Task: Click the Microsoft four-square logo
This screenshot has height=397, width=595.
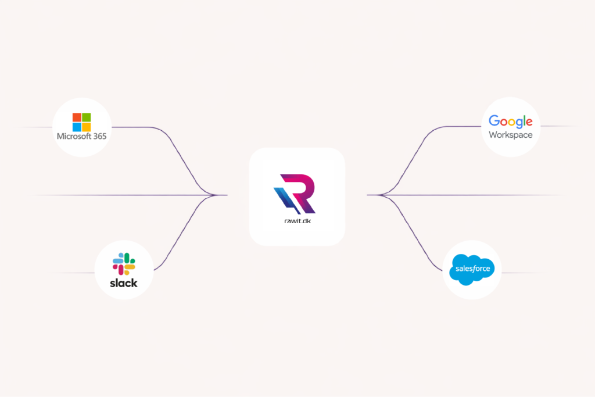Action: [81, 122]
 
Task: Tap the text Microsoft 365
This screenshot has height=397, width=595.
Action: [81, 137]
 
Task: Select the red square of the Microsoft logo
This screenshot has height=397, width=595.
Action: [77, 117]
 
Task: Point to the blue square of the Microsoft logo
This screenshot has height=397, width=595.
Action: [77, 127]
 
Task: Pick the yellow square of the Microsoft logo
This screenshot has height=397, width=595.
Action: [86, 127]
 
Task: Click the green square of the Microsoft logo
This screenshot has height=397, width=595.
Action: [86, 117]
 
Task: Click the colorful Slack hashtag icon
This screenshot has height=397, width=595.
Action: [124, 264]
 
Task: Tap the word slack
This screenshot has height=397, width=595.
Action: [124, 283]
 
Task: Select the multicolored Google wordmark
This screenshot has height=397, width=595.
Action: [511, 121]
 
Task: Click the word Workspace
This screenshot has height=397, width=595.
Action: [511, 135]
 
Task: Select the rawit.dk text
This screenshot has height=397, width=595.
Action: [297, 221]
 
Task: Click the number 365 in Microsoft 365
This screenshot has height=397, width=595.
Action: [98, 137]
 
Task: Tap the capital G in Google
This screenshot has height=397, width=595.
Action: [494, 121]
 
